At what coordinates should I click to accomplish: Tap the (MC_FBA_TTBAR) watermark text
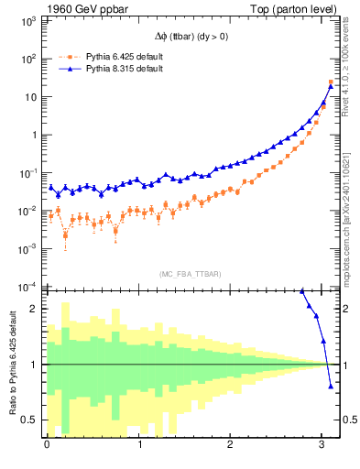191,274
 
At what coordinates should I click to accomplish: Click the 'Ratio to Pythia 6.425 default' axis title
10,365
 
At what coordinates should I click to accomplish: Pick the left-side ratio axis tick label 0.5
28,420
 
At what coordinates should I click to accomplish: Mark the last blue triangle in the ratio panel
331,386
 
